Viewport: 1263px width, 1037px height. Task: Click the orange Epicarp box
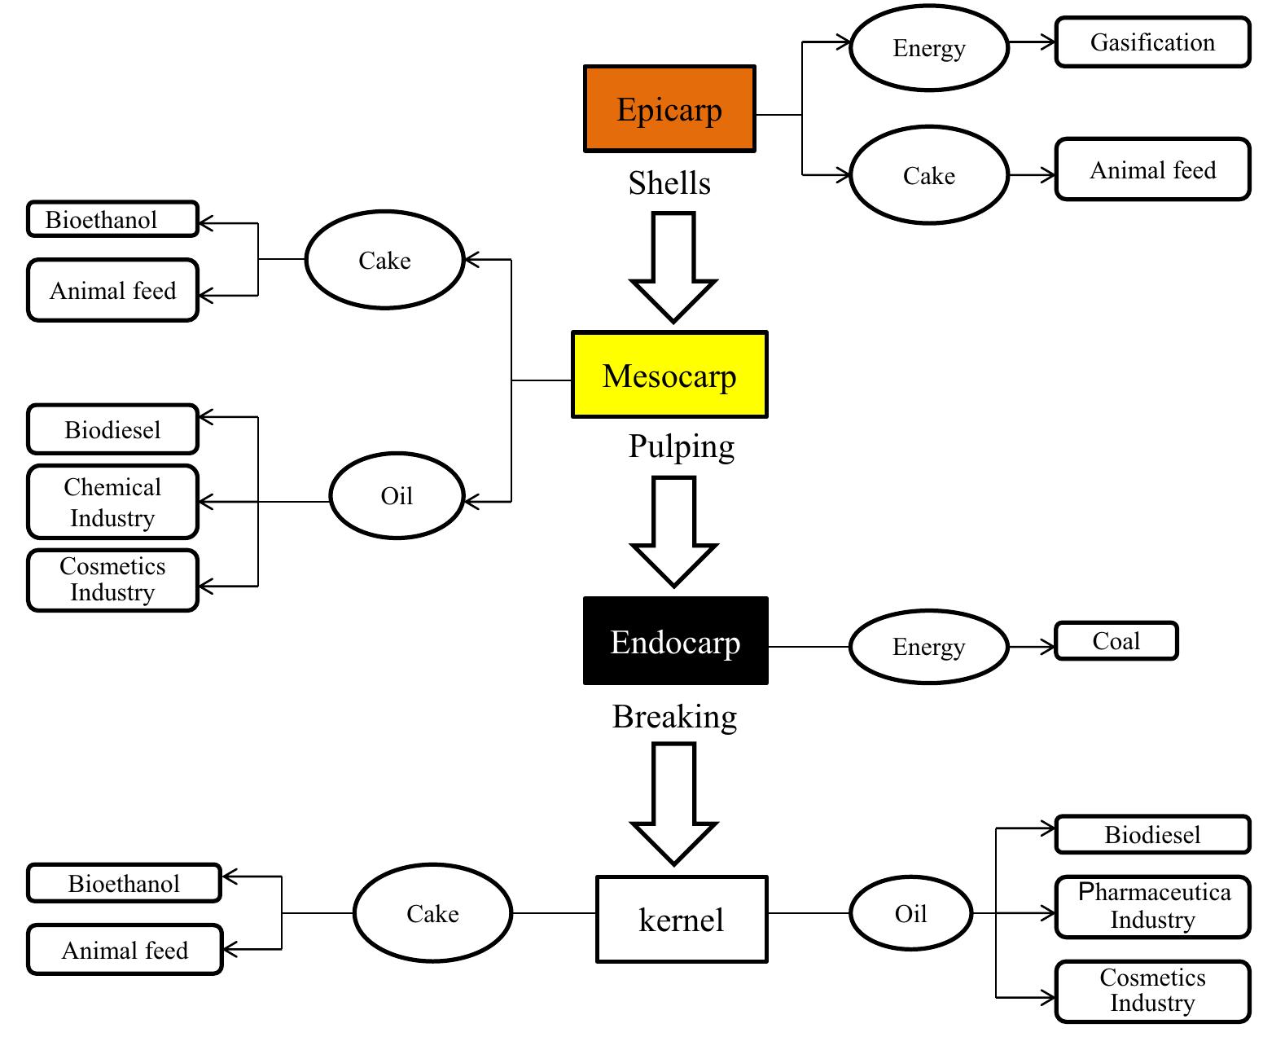point(669,109)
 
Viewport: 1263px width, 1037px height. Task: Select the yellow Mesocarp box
point(669,375)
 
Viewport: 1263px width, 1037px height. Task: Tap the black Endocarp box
point(675,641)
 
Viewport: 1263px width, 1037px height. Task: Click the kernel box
point(682,919)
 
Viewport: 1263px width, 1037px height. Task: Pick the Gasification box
point(1152,42)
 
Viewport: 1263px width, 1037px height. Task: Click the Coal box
point(1116,641)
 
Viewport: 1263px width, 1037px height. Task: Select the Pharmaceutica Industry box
point(1152,907)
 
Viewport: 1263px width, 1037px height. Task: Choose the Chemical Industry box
point(112,502)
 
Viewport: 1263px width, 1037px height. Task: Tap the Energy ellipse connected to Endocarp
point(928,647)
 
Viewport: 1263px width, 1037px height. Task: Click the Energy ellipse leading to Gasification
point(929,48)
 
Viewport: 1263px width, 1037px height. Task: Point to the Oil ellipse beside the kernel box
point(910,913)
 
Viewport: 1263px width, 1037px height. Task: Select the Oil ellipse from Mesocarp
point(397,495)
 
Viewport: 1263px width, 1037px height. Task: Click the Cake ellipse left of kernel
point(432,913)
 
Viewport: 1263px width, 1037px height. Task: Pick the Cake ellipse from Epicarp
point(929,175)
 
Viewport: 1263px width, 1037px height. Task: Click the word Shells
point(669,183)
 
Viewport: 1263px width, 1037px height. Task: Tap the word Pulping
point(681,446)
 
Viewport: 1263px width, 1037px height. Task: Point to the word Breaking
point(674,717)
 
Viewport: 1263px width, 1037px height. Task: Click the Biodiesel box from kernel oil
point(1152,834)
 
